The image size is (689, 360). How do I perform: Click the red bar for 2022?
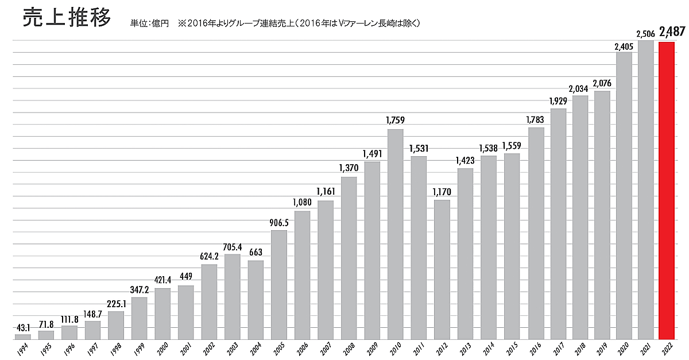[x=667, y=190]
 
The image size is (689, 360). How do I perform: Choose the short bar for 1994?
[x=23, y=336]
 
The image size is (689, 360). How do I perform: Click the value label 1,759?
[x=396, y=121]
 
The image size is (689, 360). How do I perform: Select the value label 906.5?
[x=279, y=222]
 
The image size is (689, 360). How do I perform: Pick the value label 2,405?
[x=624, y=44]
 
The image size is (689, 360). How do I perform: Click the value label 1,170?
[x=442, y=192]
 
